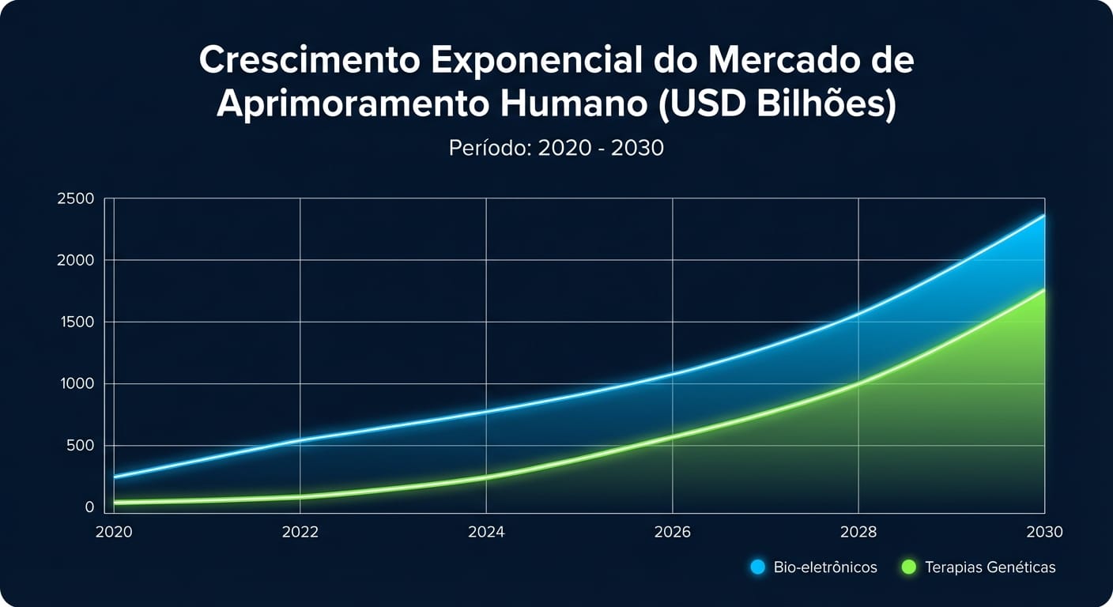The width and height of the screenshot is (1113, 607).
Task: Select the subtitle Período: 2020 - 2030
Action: pyautogui.click(x=556, y=148)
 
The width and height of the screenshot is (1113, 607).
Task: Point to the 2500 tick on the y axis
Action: pyautogui.click(x=75, y=198)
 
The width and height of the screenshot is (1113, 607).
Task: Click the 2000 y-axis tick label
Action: pyautogui.click(x=75, y=260)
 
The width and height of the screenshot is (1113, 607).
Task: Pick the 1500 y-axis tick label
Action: pyautogui.click(x=76, y=322)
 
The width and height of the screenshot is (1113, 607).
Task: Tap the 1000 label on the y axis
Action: pyautogui.click(x=76, y=383)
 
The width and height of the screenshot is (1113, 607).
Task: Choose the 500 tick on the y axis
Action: pyautogui.click(x=80, y=446)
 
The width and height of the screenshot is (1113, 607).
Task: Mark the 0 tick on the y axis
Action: pyautogui.click(x=89, y=507)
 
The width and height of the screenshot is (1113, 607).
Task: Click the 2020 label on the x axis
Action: pyautogui.click(x=113, y=532)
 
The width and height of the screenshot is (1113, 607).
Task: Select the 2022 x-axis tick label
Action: pyautogui.click(x=300, y=532)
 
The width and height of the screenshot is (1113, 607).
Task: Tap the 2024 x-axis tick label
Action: pyautogui.click(x=486, y=532)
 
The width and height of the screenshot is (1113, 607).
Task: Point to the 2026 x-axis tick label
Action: pyautogui.click(x=673, y=532)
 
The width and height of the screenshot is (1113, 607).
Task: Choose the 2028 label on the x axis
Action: pyautogui.click(x=858, y=532)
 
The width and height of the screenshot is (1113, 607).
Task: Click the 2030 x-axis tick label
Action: pyautogui.click(x=1044, y=532)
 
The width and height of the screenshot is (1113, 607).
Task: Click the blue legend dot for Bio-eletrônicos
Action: pyautogui.click(x=757, y=567)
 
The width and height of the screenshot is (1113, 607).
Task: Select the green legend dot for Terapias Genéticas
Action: pyautogui.click(x=908, y=567)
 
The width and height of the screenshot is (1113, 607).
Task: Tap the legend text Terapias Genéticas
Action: pyautogui.click(x=990, y=567)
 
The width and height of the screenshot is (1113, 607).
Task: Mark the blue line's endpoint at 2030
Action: pyautogui.click(x=1044, y=215)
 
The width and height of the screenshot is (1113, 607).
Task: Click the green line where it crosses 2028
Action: pyautogui.click(x=858, y=384)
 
